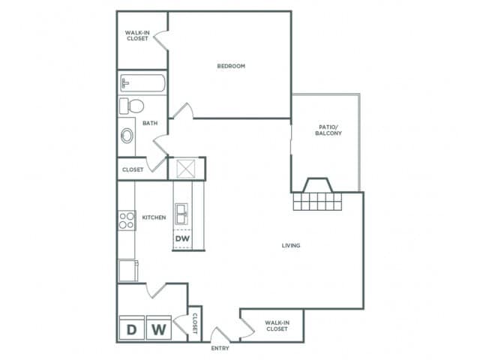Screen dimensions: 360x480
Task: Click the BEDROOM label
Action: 231,66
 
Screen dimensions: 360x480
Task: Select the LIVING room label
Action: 291,245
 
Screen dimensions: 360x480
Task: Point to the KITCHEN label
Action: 154,218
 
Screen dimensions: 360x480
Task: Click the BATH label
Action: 150,123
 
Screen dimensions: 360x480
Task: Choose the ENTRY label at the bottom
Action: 220,349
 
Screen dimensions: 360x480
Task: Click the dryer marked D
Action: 131,328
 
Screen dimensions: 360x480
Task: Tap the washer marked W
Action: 158,328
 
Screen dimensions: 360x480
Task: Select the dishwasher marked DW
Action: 182,240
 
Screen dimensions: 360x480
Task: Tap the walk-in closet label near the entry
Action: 277,326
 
